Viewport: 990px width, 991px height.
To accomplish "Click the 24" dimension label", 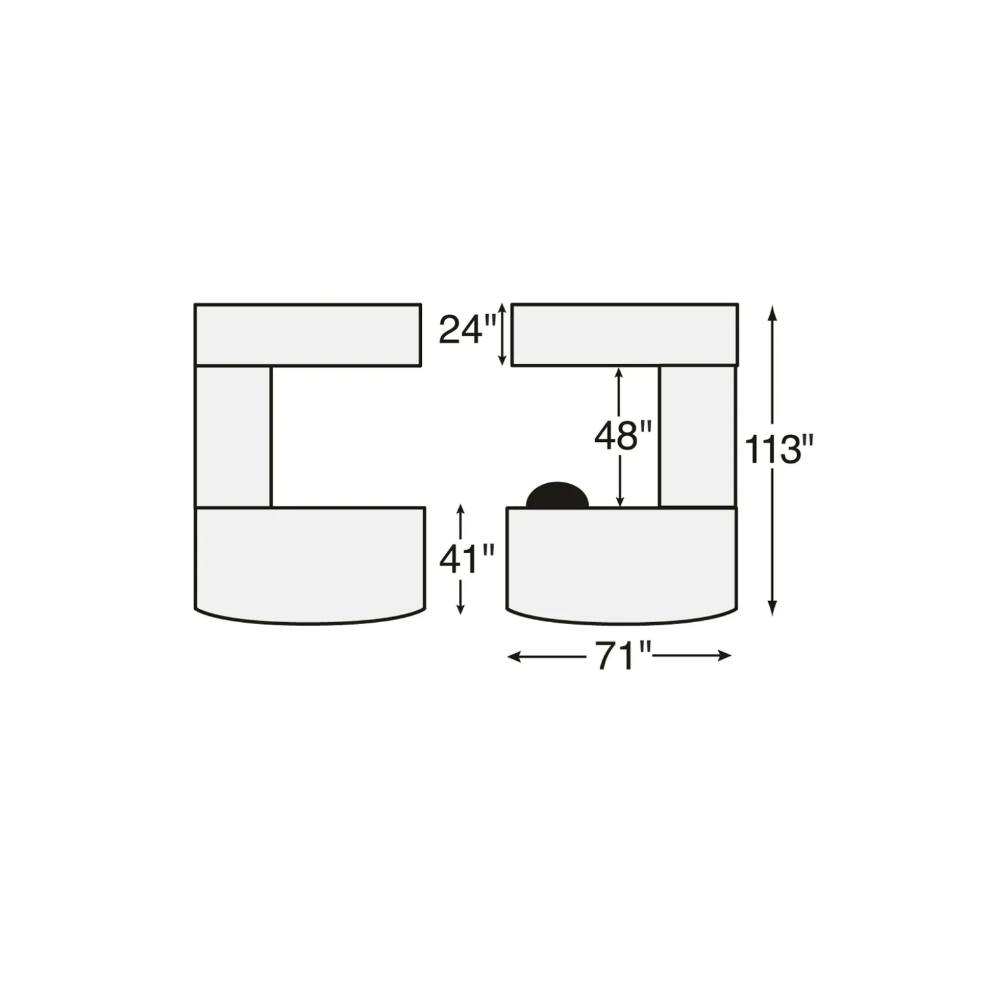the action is click(x=467, y=330).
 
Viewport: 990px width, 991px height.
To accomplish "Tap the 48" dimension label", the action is click(x=623, y=436).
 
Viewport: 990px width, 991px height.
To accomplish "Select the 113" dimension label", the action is click(x=778, y=449).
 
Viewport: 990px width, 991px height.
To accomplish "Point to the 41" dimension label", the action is click(x=466, y=560).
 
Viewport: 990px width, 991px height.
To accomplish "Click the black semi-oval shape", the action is click(x=557, y=495).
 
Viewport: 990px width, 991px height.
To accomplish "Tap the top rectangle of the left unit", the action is click(x=308, y=335).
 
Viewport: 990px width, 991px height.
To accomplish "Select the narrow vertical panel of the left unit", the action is click(x=233, y=437).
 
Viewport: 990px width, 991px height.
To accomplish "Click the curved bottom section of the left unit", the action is click(x=310, y=564).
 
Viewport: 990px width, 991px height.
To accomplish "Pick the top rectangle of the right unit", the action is click(x=624, y=335).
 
